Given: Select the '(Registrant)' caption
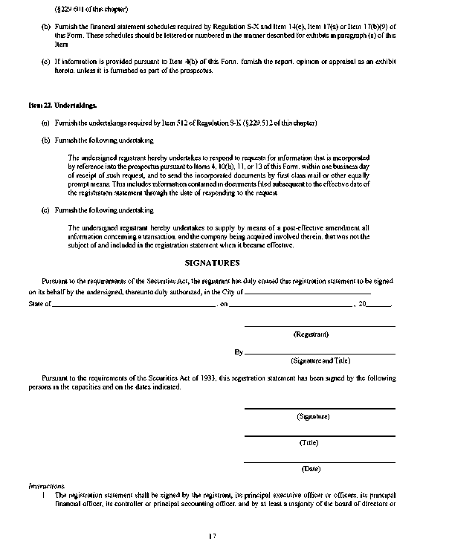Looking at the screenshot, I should [311, 334].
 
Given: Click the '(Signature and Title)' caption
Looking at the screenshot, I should [320, 360].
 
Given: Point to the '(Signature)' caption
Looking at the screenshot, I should [313, 418].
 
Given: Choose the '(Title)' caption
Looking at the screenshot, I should [309, 443].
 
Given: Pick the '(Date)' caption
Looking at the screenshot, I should [311, 469].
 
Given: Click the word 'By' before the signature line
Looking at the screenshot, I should [239, 352].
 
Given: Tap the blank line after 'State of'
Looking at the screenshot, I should [134, 305].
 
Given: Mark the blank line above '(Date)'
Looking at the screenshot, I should [320, 462].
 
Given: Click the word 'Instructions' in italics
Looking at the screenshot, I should [47, 485].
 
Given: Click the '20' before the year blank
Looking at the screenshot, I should [362, 305].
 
